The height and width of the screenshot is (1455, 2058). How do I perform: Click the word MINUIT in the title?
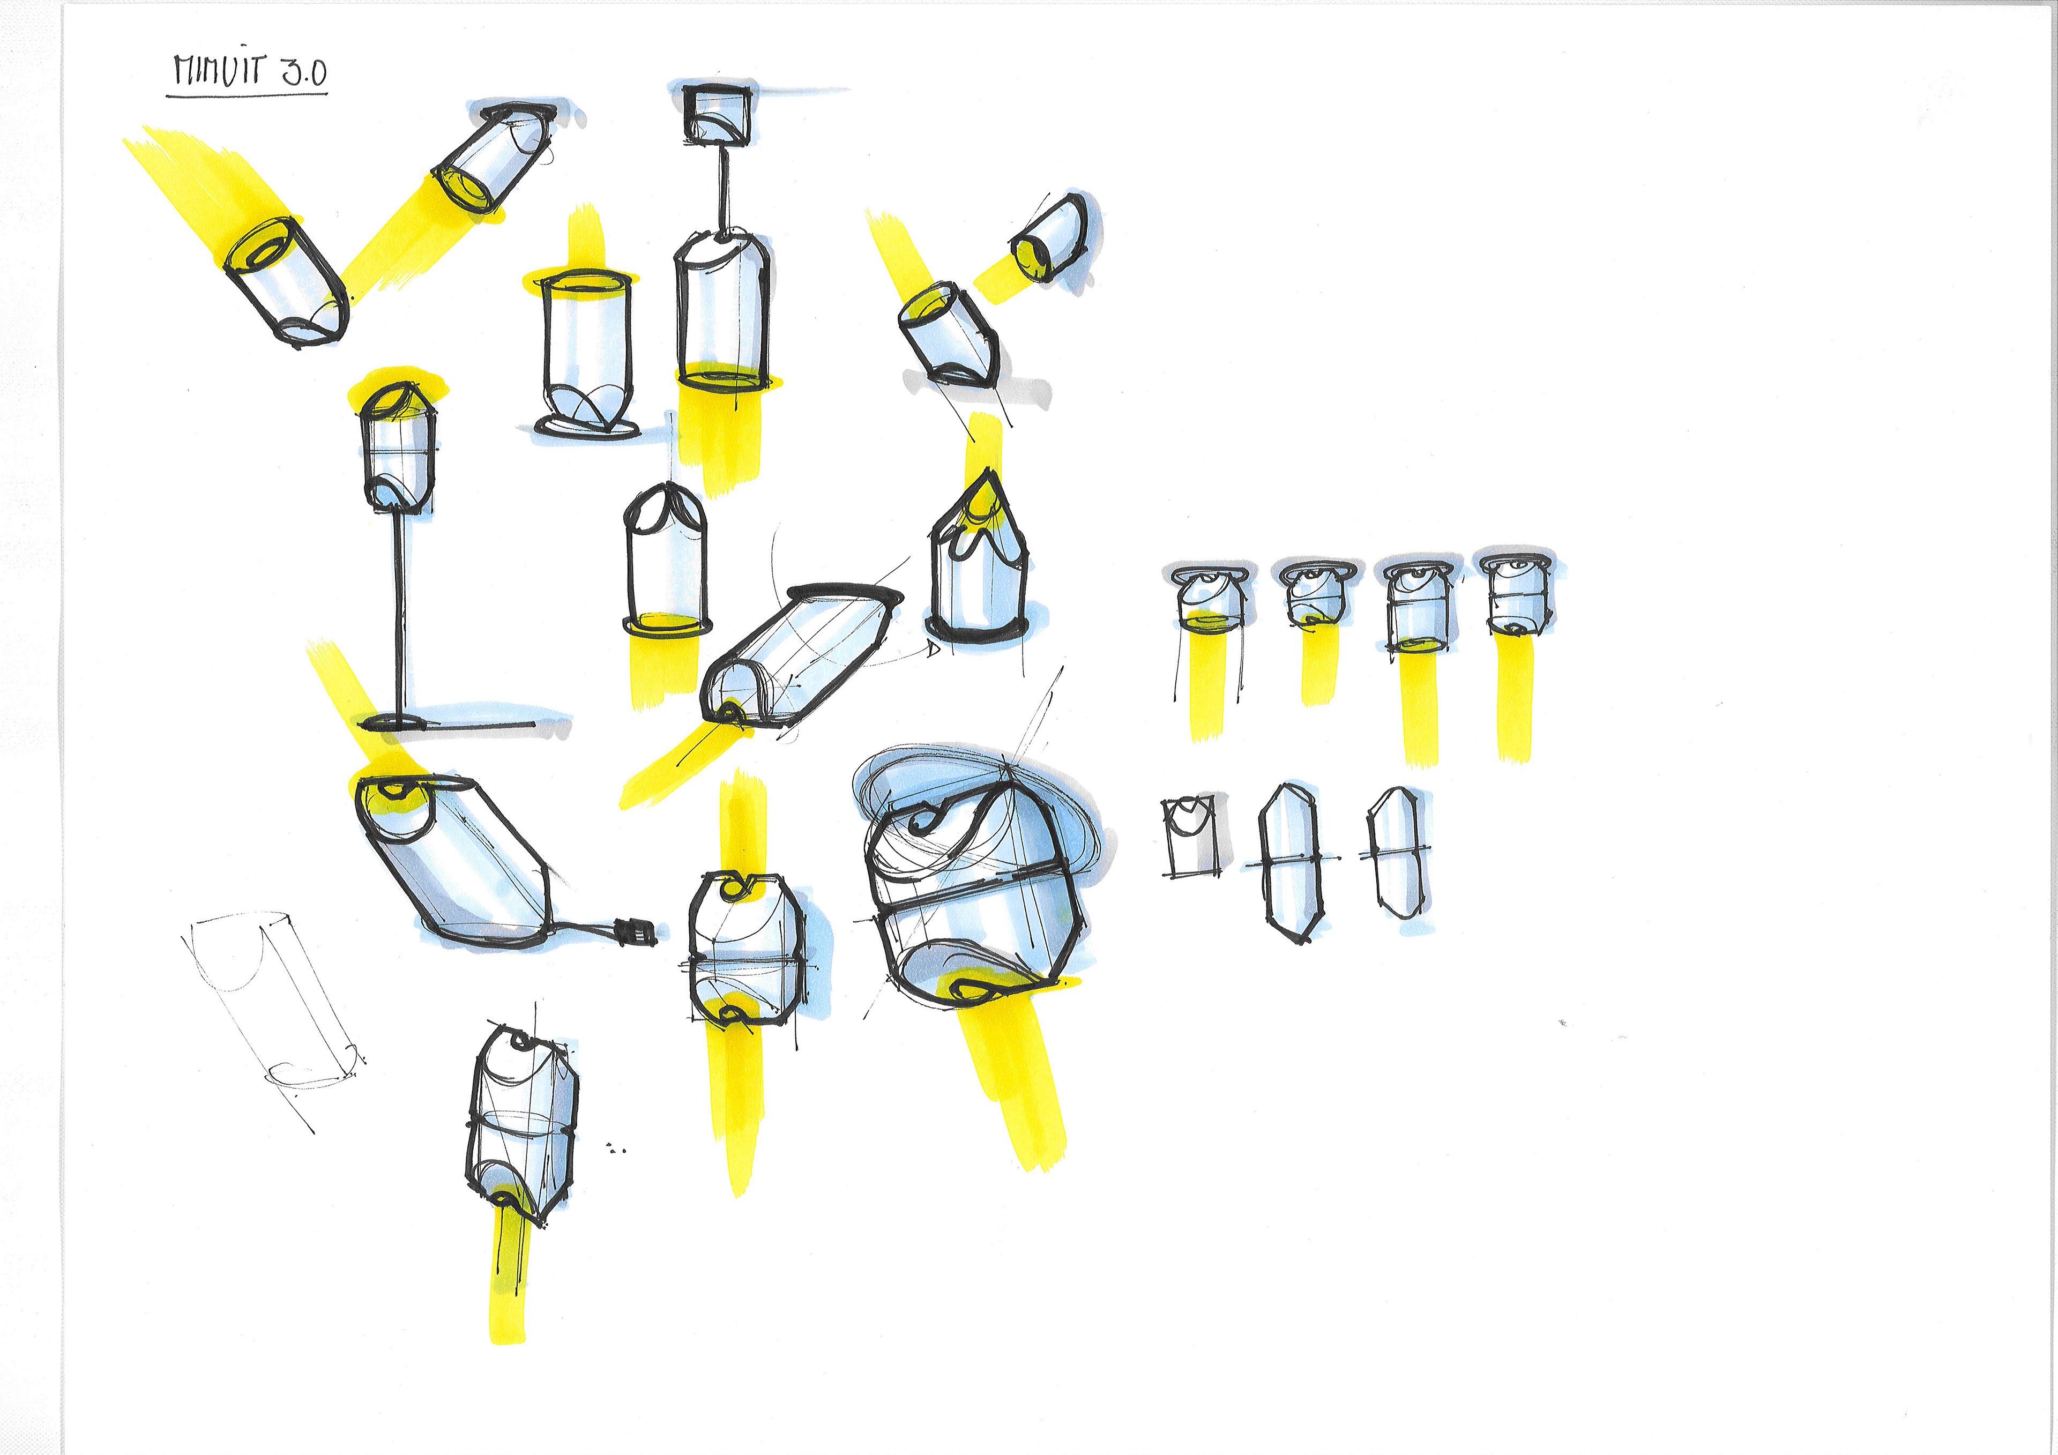point(220,69)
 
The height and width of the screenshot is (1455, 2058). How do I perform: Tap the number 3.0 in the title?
point(305,72)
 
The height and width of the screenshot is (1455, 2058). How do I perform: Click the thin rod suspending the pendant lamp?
point(724,188)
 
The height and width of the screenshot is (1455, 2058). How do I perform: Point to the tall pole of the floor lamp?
point(399,614)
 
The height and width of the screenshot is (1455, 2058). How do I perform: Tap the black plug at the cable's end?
point(636,932)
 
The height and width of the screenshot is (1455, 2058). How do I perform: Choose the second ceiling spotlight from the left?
point(1315,592)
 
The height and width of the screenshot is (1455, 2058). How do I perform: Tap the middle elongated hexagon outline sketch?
point(1291,862)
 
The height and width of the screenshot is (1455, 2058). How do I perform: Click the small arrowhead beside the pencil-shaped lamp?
point(933,648)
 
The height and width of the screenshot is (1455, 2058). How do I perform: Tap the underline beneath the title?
point(247,92)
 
